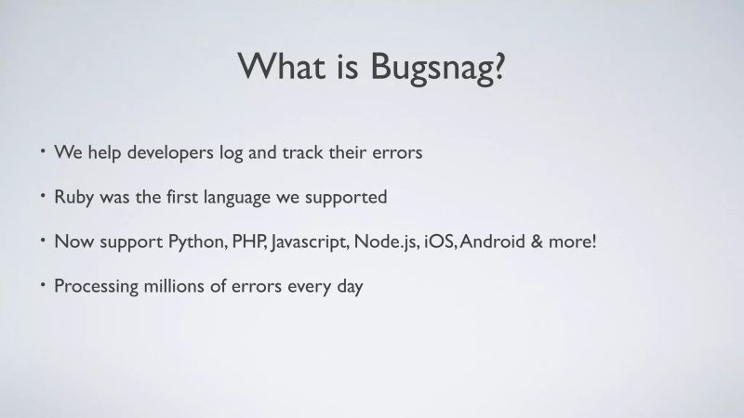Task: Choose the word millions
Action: point(187,286)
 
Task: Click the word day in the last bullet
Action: point(348,287)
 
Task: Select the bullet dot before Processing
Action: point(43,284)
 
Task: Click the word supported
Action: point(353,198)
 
